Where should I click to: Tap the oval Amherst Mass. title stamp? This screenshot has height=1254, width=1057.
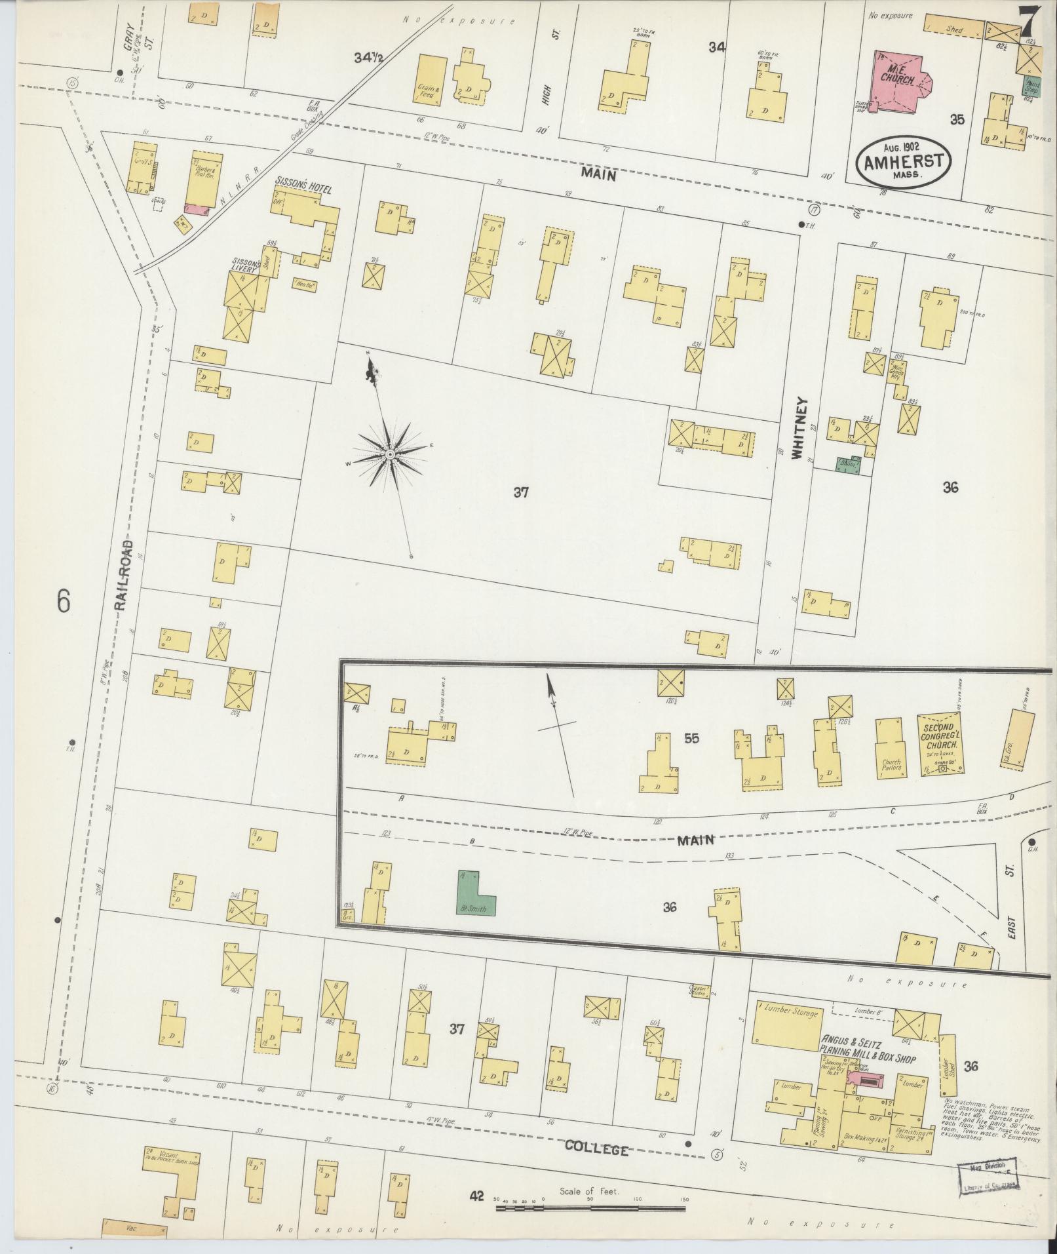[902, 163]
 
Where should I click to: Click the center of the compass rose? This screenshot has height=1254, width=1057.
[389, 454]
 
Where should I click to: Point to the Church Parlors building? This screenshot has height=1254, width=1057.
[891, 751]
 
